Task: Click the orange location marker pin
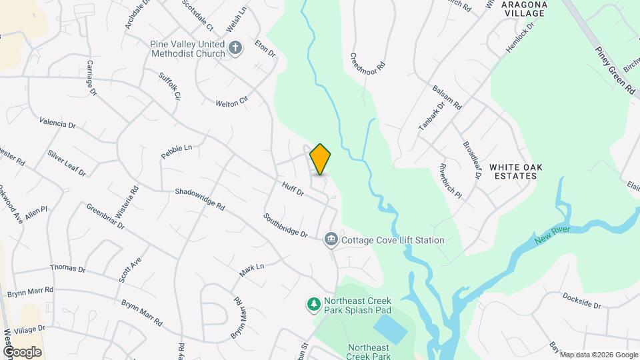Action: pyautogui.click(x=320, y=159)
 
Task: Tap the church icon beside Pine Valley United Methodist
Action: pyautogui.click(x=235, y=48)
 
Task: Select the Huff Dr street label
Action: pyautogui.click(x=293, y=189)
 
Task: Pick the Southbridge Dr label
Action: pyautogui.click(x=285, y=225)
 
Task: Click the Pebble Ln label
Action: pyautogui.click(x=176, y=151)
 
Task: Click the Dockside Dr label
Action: pyautogui.click(x=581, y=301)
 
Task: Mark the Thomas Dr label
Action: pyautogui.click(x=68, y=268)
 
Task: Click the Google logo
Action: pyautogui.click(x=22, y=352)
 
